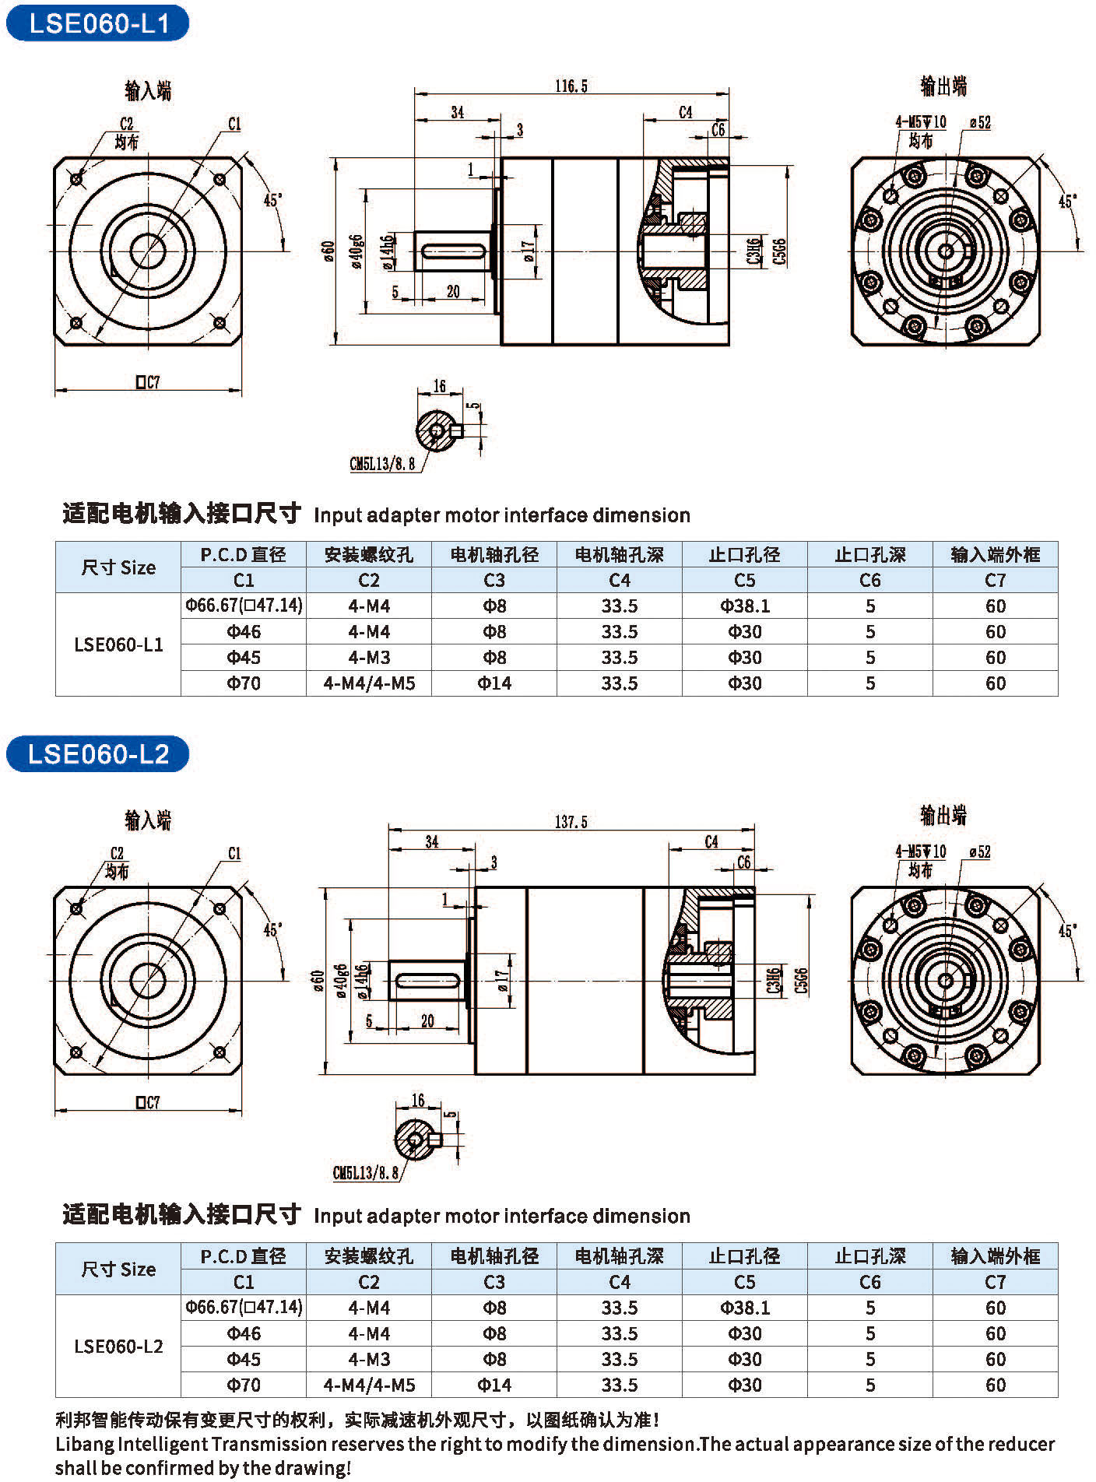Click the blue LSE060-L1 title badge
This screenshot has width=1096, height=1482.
click(97, 23)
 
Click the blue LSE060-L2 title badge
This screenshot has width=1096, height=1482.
click(97, 753)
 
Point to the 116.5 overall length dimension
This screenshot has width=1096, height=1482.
click(571, 86)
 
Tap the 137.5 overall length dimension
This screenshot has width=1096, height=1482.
click(571, 822)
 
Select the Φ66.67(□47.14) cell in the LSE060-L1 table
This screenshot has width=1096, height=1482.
click(244, 606)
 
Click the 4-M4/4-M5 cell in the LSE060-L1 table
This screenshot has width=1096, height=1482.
click(369, 683)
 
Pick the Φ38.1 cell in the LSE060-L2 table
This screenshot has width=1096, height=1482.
click(745, 1308)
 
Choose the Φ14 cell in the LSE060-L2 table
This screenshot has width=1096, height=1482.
click(494, 1385)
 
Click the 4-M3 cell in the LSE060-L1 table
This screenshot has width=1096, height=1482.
click(369, 658)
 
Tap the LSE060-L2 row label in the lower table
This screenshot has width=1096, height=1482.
click(118, 1346)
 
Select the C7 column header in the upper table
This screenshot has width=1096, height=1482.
click(995, 580)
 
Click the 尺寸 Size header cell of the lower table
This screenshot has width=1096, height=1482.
click(118, 1269)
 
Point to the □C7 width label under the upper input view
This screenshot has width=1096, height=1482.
click(147, 382)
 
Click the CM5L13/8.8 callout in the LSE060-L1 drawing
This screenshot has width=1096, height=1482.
click(382, 464)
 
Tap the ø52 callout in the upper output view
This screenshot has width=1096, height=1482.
click(981, 122)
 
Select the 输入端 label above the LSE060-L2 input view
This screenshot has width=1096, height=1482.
click(148, 820)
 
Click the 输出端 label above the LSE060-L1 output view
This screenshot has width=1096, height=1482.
click(943, 86)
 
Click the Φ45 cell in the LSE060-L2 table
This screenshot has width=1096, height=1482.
click(244, 1359)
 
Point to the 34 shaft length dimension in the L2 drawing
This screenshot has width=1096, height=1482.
click(432, 841)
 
